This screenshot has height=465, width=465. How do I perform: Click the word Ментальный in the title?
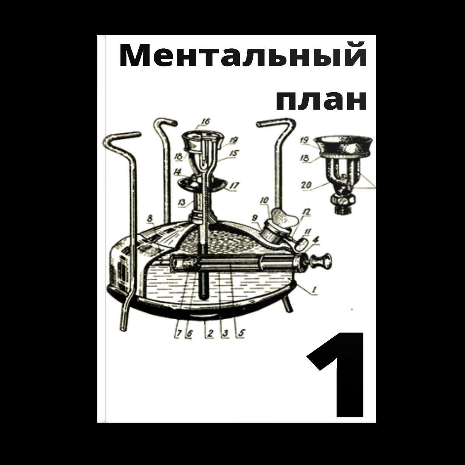(x=243, y=55)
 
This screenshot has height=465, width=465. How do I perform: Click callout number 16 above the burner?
(x=206, y=122)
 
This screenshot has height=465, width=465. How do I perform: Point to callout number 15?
(x=234, y=153)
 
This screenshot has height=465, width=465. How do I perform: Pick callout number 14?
(x=178, y=173)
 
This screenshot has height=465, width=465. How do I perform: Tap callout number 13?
(x=182, y=202)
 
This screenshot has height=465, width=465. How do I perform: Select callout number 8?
(x=150, y=219)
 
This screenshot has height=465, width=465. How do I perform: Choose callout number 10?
(x=265, y=200)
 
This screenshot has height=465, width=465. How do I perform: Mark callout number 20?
(x=307, y=185)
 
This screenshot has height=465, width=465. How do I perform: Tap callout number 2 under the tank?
(x=210, y=333)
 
